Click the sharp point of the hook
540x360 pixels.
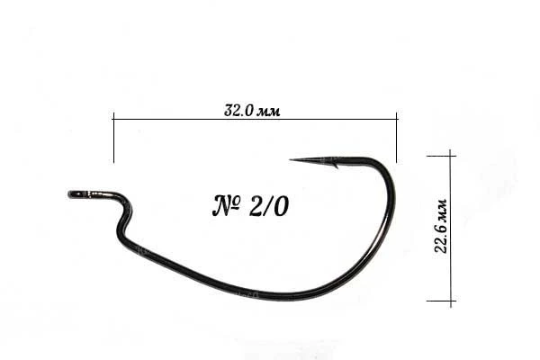click(291, 160)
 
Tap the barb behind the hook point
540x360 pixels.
click(335, 166)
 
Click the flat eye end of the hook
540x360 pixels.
click(70, 194)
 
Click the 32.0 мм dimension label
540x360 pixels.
click(252, 111)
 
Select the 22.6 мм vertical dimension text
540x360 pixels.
click(440, 226)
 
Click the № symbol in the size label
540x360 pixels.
click(226, 206)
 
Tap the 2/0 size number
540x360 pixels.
click(268, 207)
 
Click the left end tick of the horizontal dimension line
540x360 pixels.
click(113, 137)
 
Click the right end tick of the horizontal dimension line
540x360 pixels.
click(397, 137)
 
